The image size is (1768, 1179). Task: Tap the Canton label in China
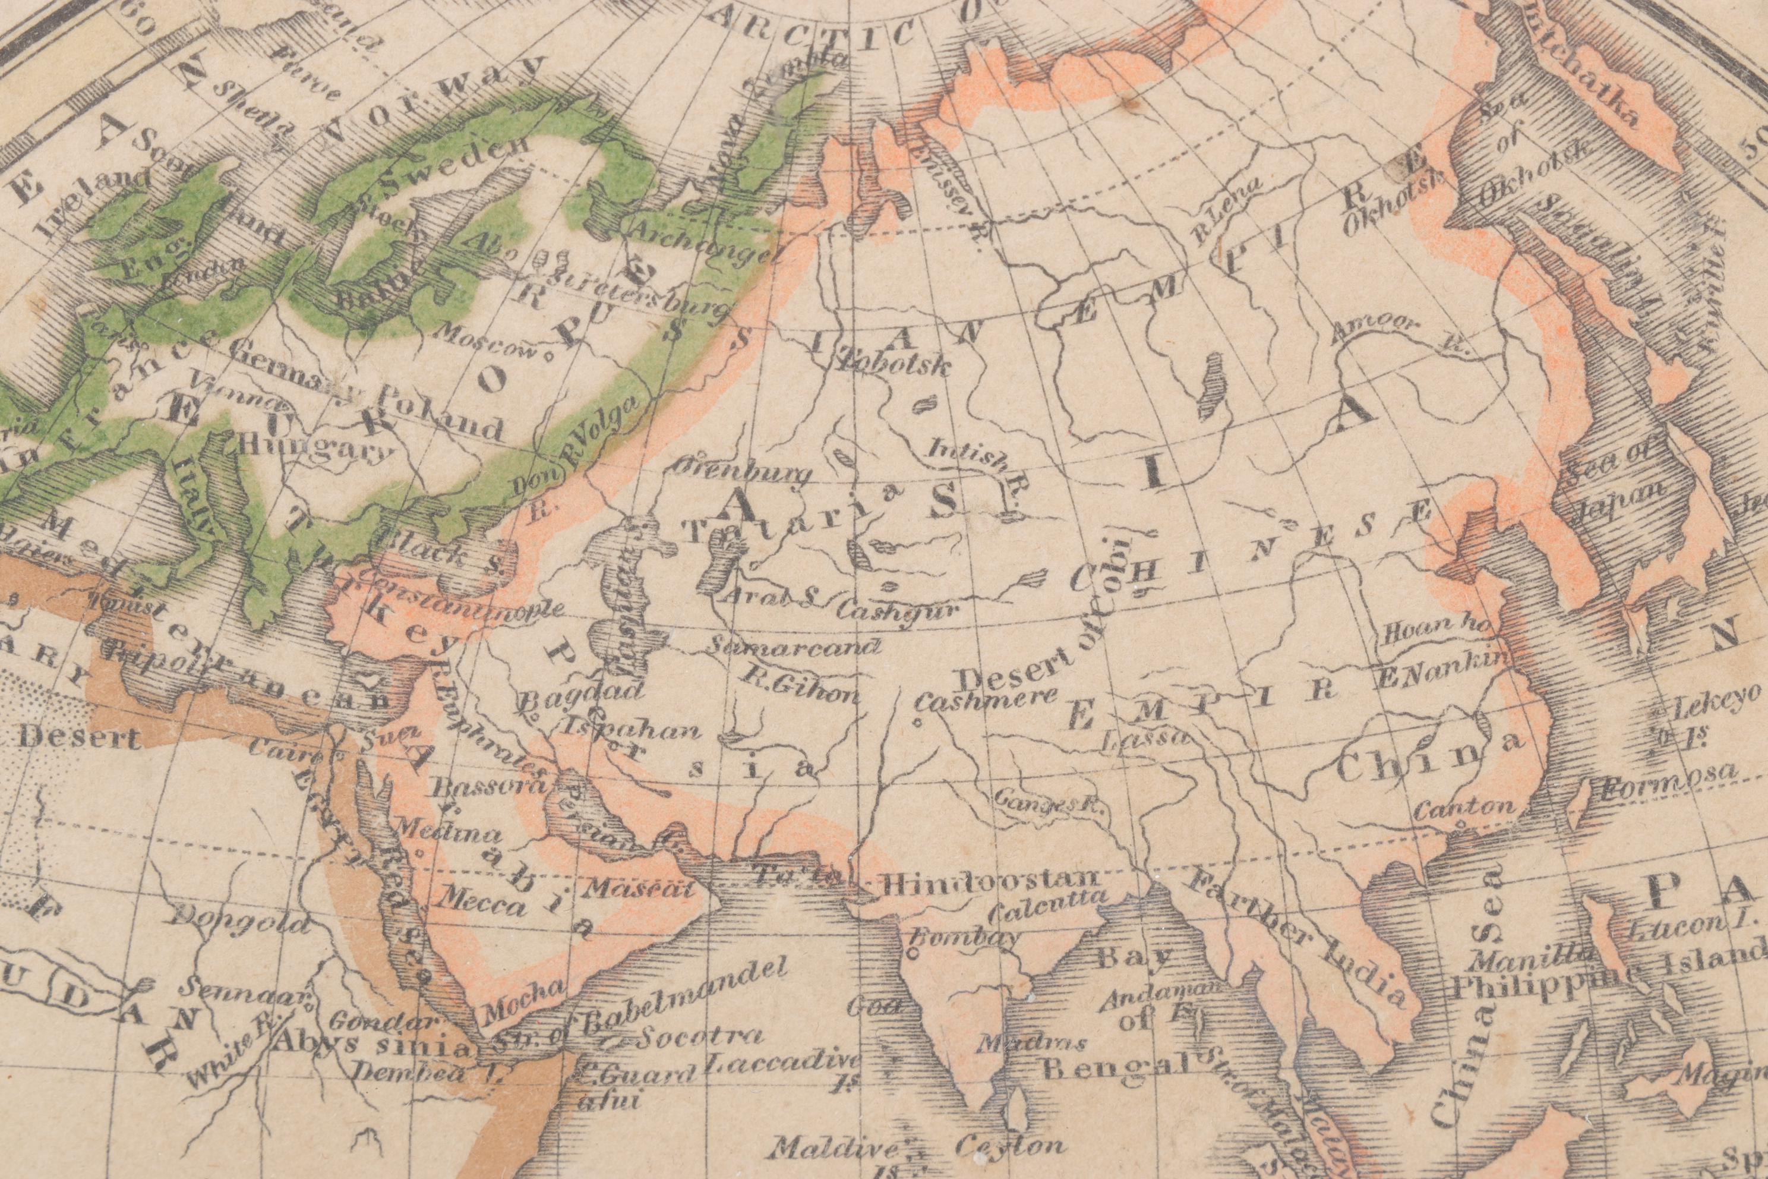1464,809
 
